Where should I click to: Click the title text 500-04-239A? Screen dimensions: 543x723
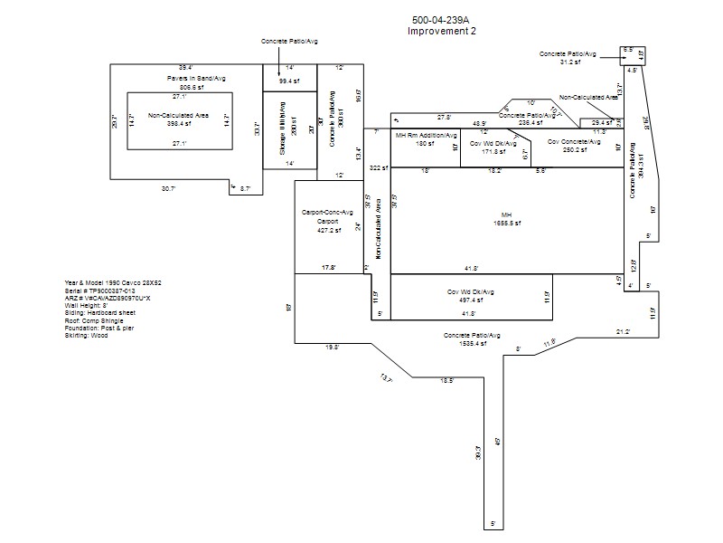pos(441,21)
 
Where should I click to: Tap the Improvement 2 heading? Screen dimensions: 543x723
pos(441,31)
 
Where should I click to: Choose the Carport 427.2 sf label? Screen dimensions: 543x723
pos(326,230)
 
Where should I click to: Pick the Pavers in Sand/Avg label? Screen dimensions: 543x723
pos(196,79)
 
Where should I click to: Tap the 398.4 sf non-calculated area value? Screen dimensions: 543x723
pos(179,124)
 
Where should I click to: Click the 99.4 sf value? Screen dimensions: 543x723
pos(289,81)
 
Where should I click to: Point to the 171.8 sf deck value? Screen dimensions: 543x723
pos(492,150)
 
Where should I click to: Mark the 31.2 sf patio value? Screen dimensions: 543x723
pos(570,62)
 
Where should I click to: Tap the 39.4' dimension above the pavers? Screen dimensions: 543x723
pos(185,68)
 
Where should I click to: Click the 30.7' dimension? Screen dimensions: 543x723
pos(169,188)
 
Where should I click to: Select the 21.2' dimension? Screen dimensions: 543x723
pos(624,332)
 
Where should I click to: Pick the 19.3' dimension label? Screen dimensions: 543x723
pos(332,347)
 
